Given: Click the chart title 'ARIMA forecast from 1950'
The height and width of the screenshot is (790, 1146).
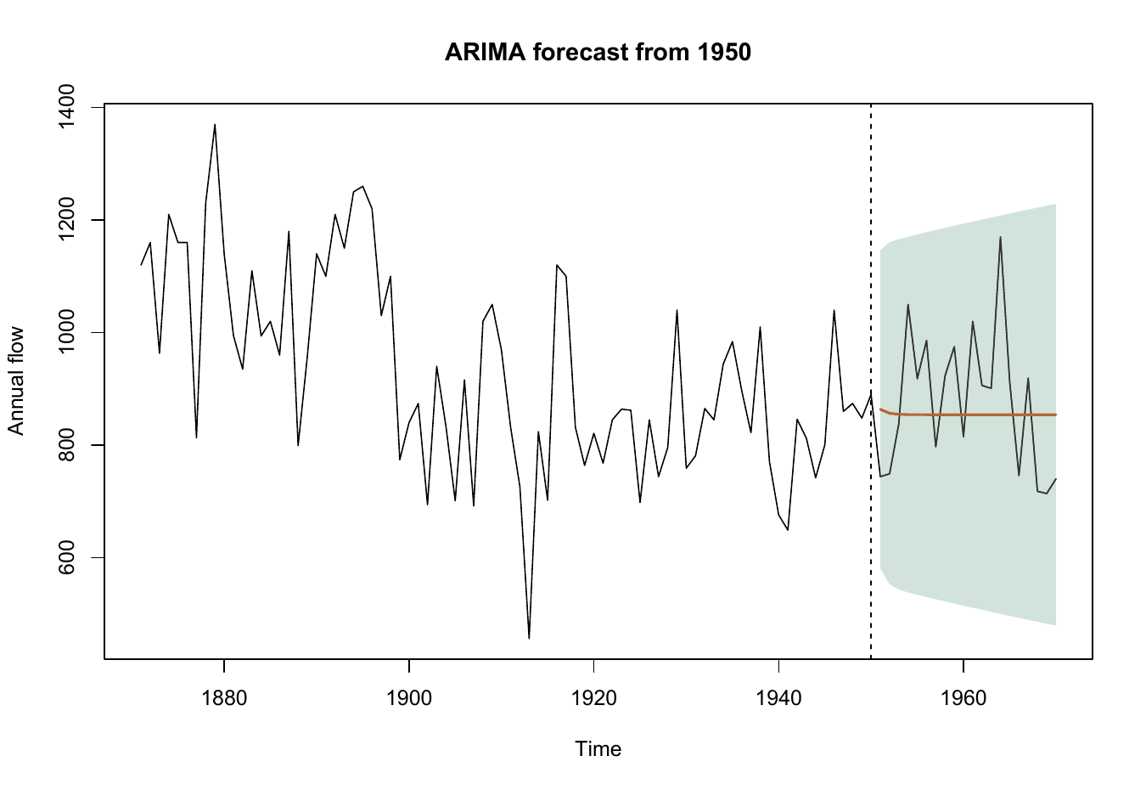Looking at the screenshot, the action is point(598,52).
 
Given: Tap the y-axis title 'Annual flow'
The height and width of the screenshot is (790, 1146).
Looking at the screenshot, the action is point(16,381).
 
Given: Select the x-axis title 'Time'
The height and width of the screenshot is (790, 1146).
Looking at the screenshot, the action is point(598,748).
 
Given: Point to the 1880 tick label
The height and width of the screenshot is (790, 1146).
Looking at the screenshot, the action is point(224,698).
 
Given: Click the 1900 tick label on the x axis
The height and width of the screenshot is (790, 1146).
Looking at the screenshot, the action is point(409,698).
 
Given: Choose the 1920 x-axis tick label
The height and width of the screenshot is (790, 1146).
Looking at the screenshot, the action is point(593,698).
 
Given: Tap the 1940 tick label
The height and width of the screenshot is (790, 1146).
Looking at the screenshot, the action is point(778,698).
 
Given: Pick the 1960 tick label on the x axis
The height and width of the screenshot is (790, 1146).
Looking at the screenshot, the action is point(963,698).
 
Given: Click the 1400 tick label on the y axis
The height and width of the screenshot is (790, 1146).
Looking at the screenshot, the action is point(66,108).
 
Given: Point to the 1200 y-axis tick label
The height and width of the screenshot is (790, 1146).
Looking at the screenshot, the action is point(66,220).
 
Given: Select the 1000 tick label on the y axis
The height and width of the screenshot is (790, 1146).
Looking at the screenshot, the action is point(66,332).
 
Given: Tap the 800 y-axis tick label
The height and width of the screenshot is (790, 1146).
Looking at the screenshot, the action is point(66,445).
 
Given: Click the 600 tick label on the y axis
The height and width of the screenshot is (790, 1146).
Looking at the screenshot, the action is point(66,557).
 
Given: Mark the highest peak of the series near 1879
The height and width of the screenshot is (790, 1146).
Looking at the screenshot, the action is point(215,124).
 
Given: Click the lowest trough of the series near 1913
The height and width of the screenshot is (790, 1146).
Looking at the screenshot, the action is point(529,638).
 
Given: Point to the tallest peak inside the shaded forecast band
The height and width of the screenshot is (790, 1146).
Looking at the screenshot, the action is point(1000,237).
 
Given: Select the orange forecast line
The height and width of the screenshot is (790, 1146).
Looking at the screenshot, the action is point(968,415).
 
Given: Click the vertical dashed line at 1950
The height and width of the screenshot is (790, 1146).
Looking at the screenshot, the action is point(871,381).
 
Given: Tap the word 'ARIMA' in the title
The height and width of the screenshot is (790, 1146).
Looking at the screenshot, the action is point(485,52).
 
